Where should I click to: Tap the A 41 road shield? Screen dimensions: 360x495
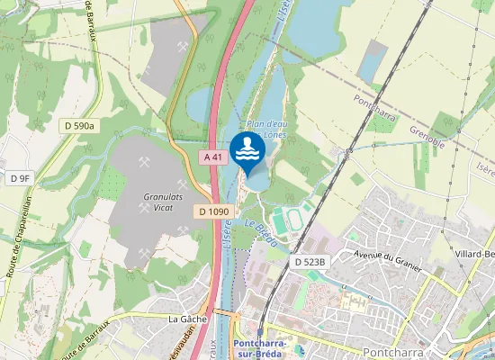click(x=212, y=157)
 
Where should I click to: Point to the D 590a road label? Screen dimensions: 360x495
click(x=79, y=126)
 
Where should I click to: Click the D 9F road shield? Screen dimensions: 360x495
click(x=20, y=178)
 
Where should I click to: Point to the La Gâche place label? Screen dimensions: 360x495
click(x=187, y=319)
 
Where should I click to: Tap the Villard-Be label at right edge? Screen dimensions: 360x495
click(x=475, y=255)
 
